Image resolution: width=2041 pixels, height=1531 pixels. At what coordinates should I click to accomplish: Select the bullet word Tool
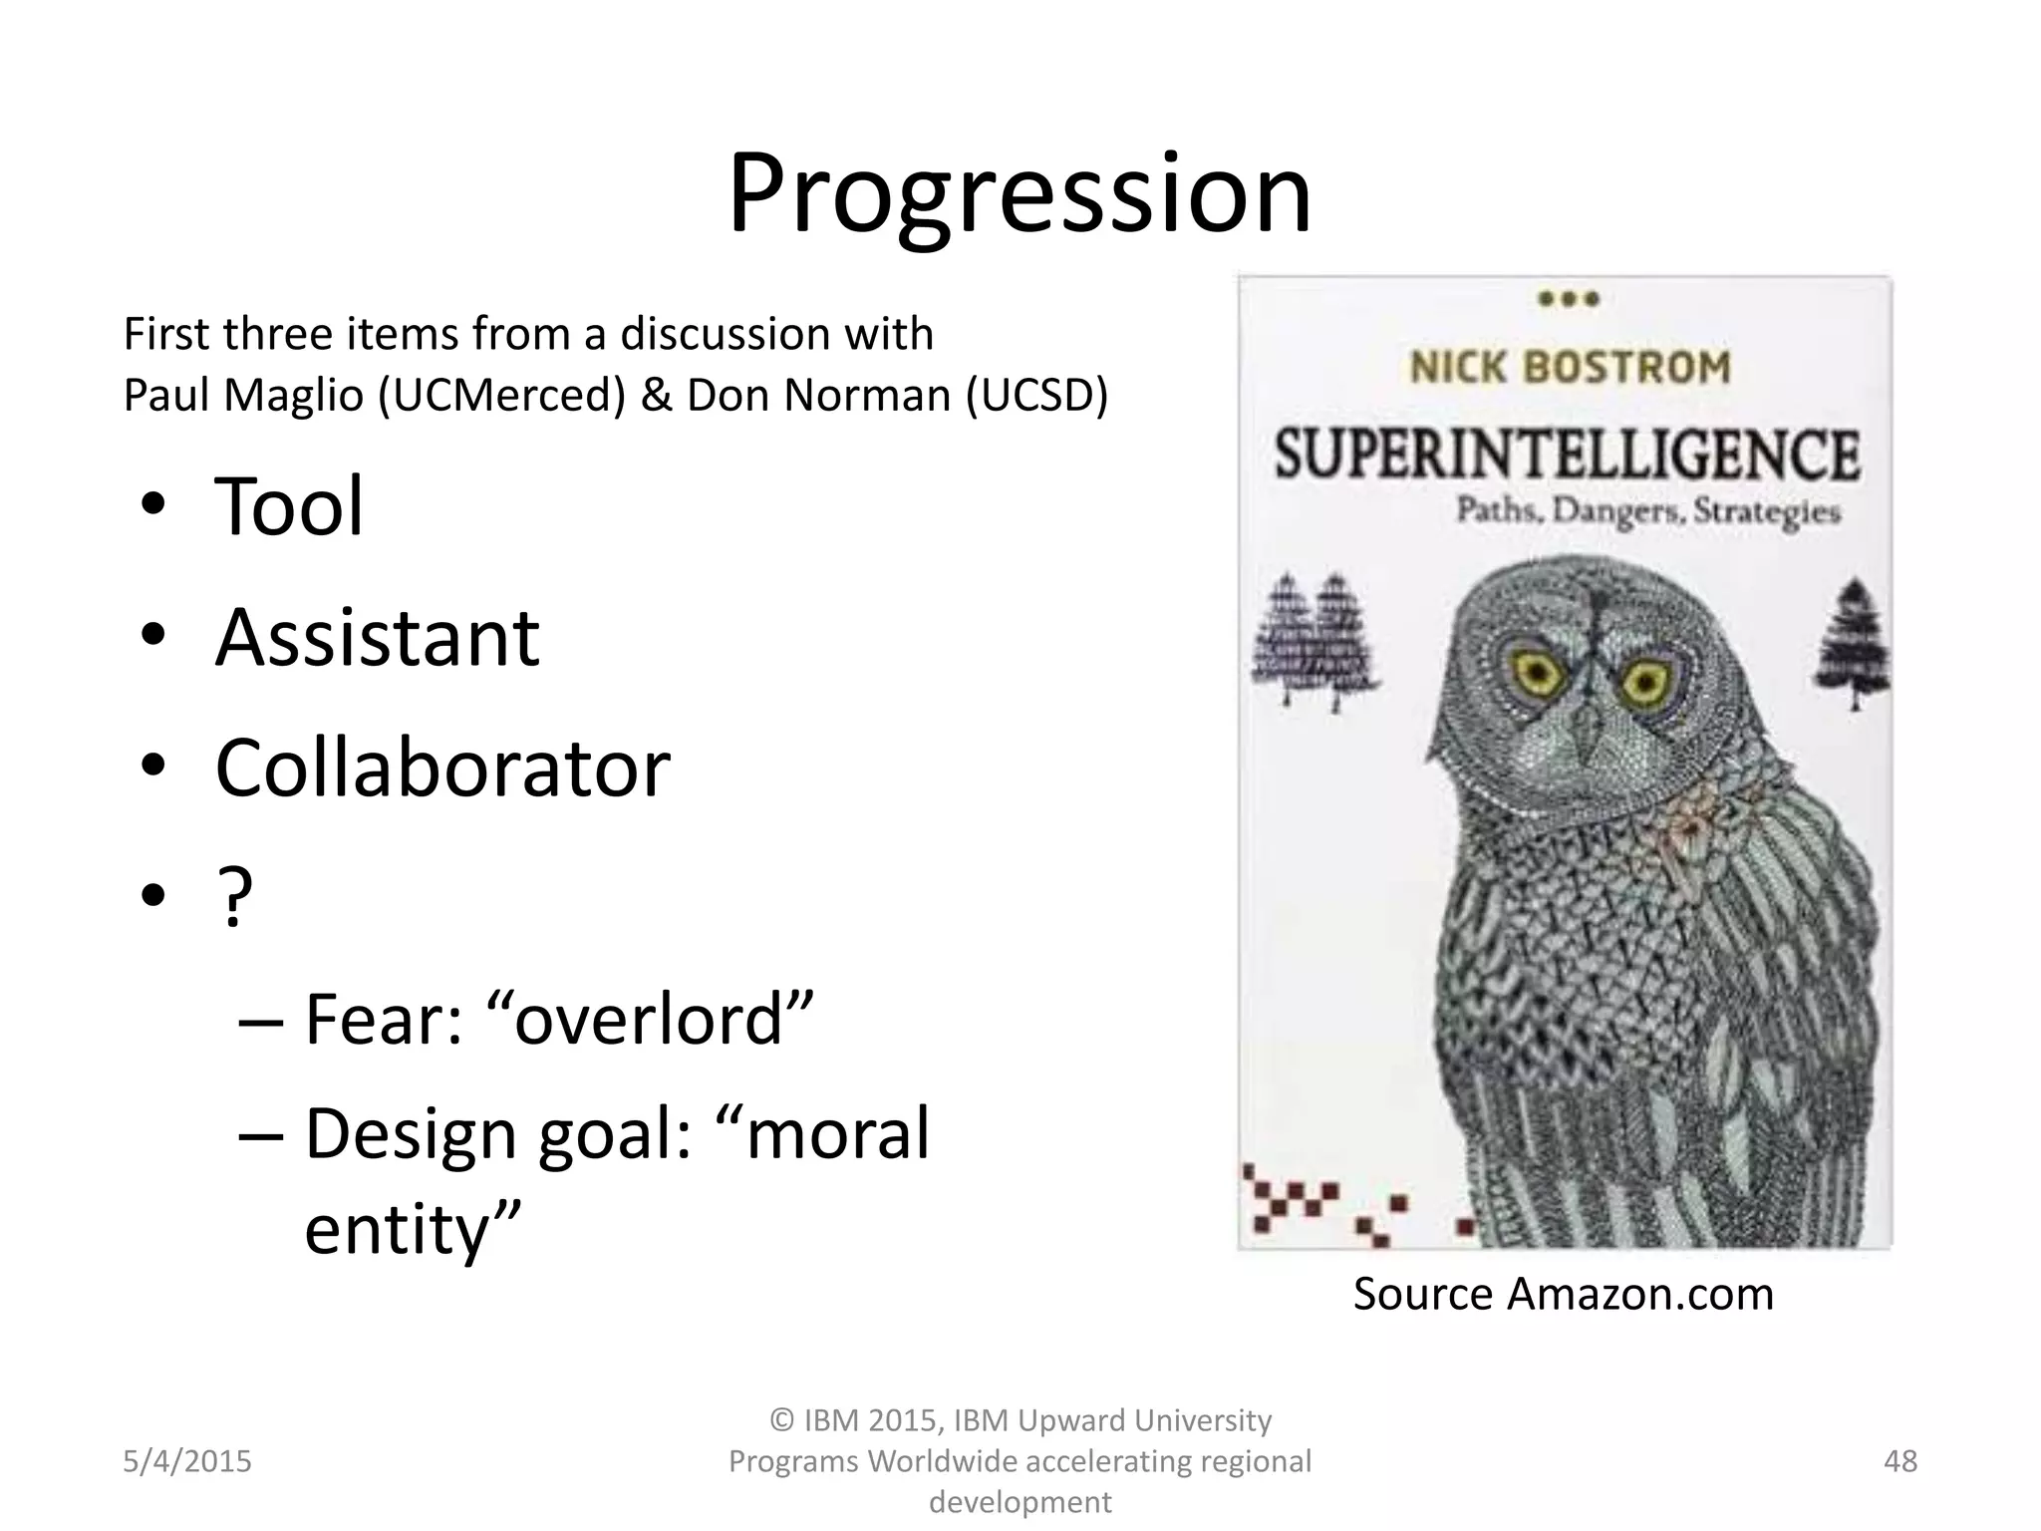click(289, 506)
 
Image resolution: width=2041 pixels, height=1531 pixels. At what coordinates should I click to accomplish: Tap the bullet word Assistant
click(378, 638)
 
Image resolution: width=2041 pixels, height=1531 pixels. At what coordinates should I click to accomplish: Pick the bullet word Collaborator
click(442, 768)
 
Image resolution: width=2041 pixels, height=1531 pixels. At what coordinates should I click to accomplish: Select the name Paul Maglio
click(243, 396)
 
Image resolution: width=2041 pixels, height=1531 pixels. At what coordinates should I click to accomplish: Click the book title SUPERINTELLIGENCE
click(1567, 455)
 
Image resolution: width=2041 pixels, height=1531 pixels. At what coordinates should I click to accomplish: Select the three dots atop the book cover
click(1569, 298)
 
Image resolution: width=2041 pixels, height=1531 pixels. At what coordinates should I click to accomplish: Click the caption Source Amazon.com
click(1563, 1294)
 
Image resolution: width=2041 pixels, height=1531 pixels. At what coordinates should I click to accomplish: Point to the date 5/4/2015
click(187, 1461)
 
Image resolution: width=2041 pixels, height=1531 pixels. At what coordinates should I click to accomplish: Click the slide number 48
click(1900, 1461)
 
